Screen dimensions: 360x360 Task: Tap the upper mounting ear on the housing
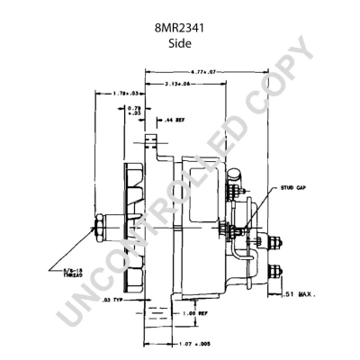click(151, 144)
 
